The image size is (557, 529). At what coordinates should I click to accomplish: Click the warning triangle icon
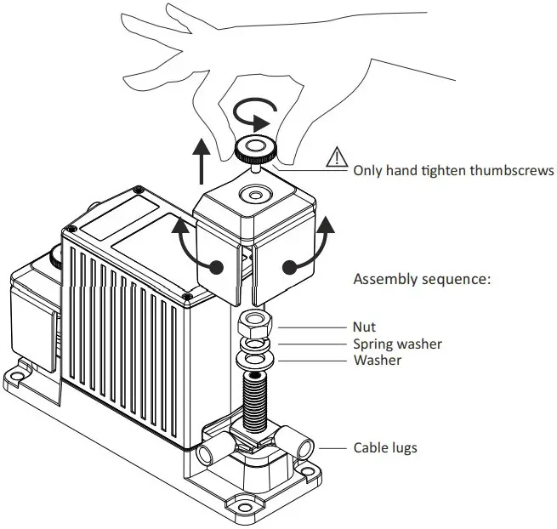pyautogui.click(x=338, y=157)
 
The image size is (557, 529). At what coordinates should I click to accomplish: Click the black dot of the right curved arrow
pyautogui.click(x=291, y=267)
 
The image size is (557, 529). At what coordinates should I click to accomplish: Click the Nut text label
pyautogui.click(x=364, y=327)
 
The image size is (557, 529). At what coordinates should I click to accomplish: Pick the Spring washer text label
pyautogui.click(x=397, y=344)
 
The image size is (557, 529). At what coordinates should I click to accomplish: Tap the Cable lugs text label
pyautogui.click(x=385, y=447)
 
